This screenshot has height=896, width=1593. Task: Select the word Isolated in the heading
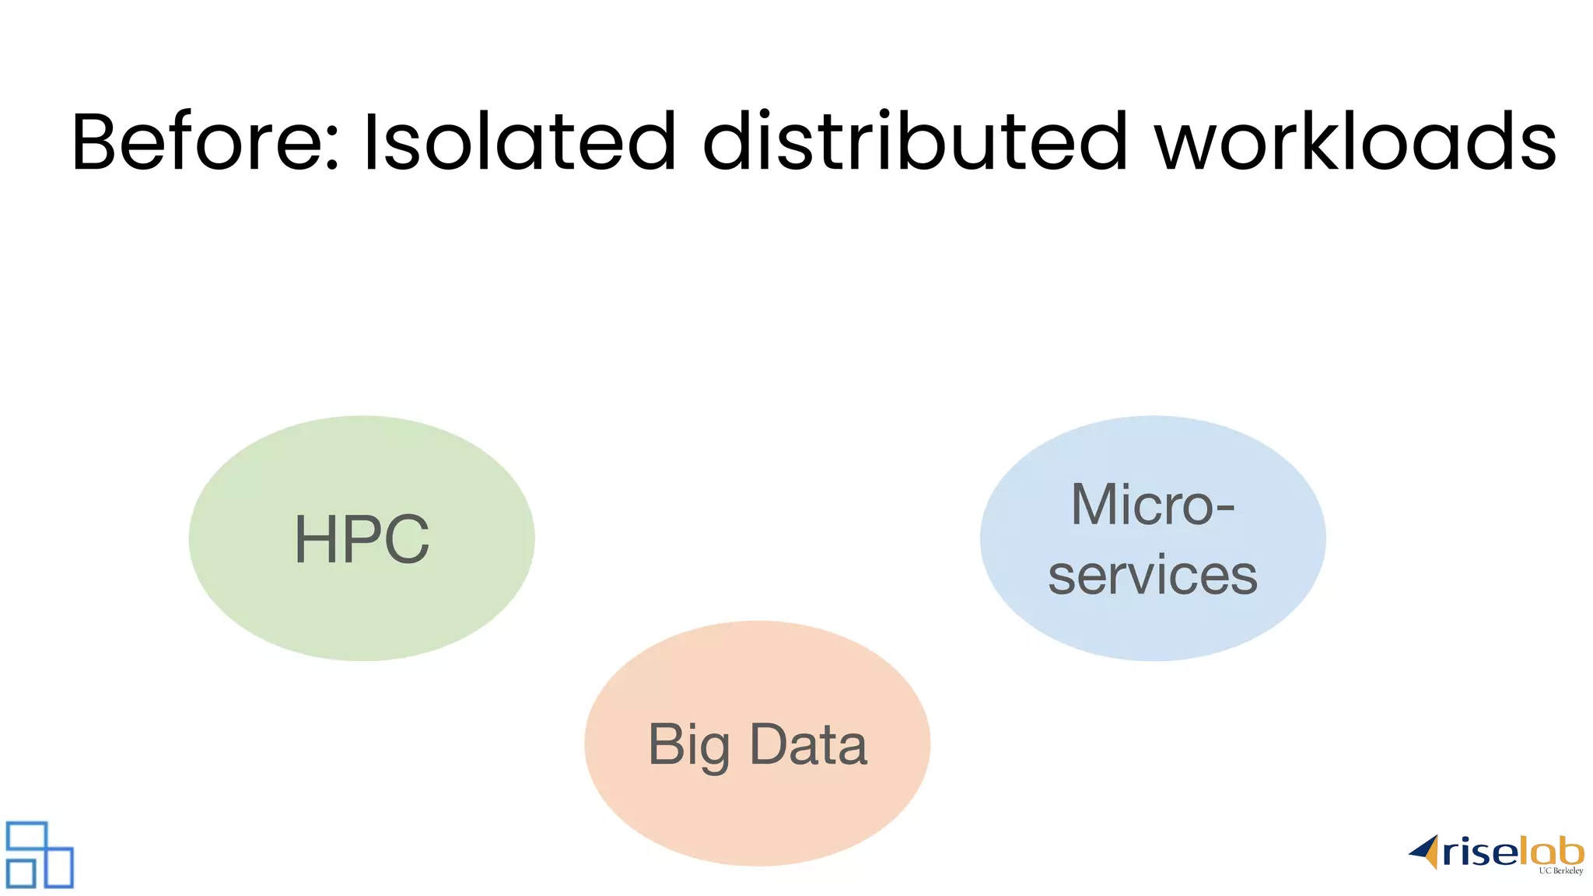coord(519,142)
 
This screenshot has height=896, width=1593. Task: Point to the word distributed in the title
coord(915,142)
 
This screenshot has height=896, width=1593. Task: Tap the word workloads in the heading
coord(1355,142)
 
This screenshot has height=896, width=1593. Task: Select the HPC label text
coord(362,539)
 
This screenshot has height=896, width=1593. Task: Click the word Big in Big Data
coord(688,745)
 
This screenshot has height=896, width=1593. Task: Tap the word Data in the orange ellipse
coord(808,744)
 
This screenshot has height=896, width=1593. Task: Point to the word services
coord(1153,576)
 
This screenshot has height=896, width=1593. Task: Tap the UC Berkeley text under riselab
coord(1560,871)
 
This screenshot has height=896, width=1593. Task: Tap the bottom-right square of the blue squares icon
coord(58,867)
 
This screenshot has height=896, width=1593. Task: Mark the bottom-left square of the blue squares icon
coord(21,873)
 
